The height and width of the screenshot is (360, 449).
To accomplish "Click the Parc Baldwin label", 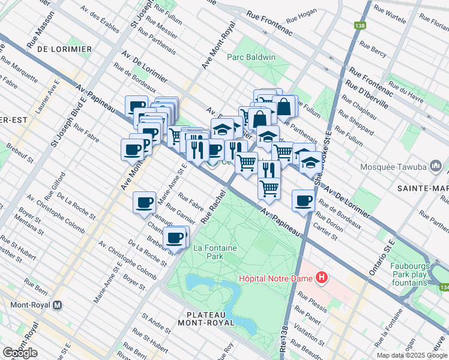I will (251, 58).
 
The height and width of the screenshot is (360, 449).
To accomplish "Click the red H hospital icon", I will (322, 277).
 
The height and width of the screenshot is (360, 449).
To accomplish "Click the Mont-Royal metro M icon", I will (58, 304).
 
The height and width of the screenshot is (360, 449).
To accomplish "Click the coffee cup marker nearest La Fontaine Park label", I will (175, 238).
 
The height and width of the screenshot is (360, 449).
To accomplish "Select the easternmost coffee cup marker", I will (304, 200).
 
